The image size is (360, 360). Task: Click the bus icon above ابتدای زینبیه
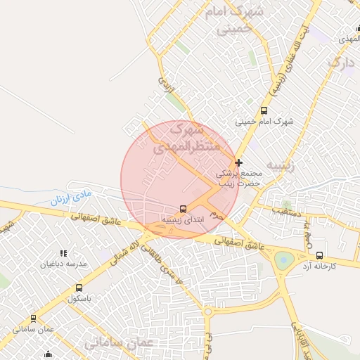pyautogui.click(x=184, y=209)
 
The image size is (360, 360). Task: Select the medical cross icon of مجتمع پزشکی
pyautogui.click(x=238, y=162)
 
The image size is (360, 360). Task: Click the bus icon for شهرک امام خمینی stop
pyautogui.click(x=264, y=110)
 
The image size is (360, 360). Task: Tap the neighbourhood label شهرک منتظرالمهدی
pyautogui.click(x=186, y=139)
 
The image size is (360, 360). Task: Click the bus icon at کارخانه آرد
pyautogui.click(x=320, y=255)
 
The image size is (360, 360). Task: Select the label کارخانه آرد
pyautogui.click(x=320, y=266)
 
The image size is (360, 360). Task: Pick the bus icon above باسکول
pyautogui.click(x=79, y=288)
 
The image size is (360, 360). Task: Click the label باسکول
pyautogui.click(x=81, y=299)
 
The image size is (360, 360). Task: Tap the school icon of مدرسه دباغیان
pyautogui.click(x=63, y=253)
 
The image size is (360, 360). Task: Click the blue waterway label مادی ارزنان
pyautogui.click(x=71, y=195)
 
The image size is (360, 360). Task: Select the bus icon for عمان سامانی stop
pyautogui.click(x=33, y=318)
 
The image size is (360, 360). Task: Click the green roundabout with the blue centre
pyautogui.click(x=284, y=259)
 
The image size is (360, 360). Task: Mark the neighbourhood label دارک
pyautogui.click(x=342, y=65)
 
